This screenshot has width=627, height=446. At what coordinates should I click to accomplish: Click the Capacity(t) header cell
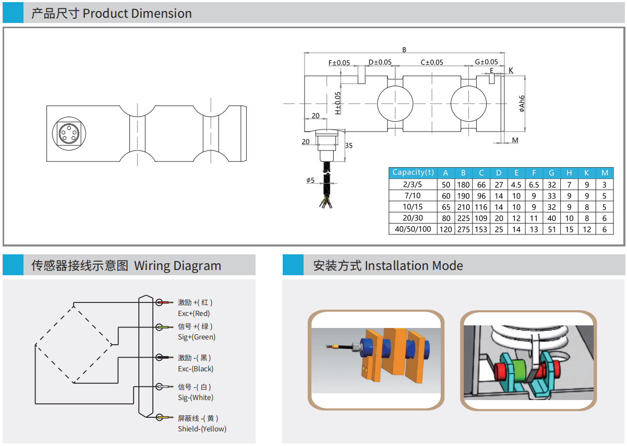coord(413,172)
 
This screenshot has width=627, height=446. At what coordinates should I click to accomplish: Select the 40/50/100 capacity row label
coord(413,229)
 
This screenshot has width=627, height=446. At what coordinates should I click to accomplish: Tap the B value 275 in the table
coord(463,229)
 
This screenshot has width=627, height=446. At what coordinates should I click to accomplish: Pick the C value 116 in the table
coord(481,207)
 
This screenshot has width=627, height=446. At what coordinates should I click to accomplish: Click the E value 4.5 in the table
coord(516,184)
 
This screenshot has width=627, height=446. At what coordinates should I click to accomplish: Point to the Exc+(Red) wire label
coord(194,313)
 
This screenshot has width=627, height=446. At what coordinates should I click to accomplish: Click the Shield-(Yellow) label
coord(202,429)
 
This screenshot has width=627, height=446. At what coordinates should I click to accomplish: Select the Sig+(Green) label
coord(196,337)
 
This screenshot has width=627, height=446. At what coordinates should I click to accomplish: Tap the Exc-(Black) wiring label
coord(196,369)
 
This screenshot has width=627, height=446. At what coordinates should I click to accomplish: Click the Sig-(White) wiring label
coord(195,397)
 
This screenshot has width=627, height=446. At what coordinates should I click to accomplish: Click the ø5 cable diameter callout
coord(310,180)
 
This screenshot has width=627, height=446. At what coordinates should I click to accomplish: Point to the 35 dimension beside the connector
coord(348,146)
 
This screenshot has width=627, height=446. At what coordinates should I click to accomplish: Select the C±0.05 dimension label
coord(432,62)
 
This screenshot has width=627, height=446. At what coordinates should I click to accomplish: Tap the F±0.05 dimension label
coord(339,63)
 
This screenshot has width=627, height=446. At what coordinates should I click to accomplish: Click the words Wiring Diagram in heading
coord(177,265)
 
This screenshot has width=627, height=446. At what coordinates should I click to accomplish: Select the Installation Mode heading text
coord(414,265)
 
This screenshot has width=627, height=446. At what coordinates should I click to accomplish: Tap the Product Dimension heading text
coord(137,14)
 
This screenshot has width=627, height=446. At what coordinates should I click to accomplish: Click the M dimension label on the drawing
coord(515,140)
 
